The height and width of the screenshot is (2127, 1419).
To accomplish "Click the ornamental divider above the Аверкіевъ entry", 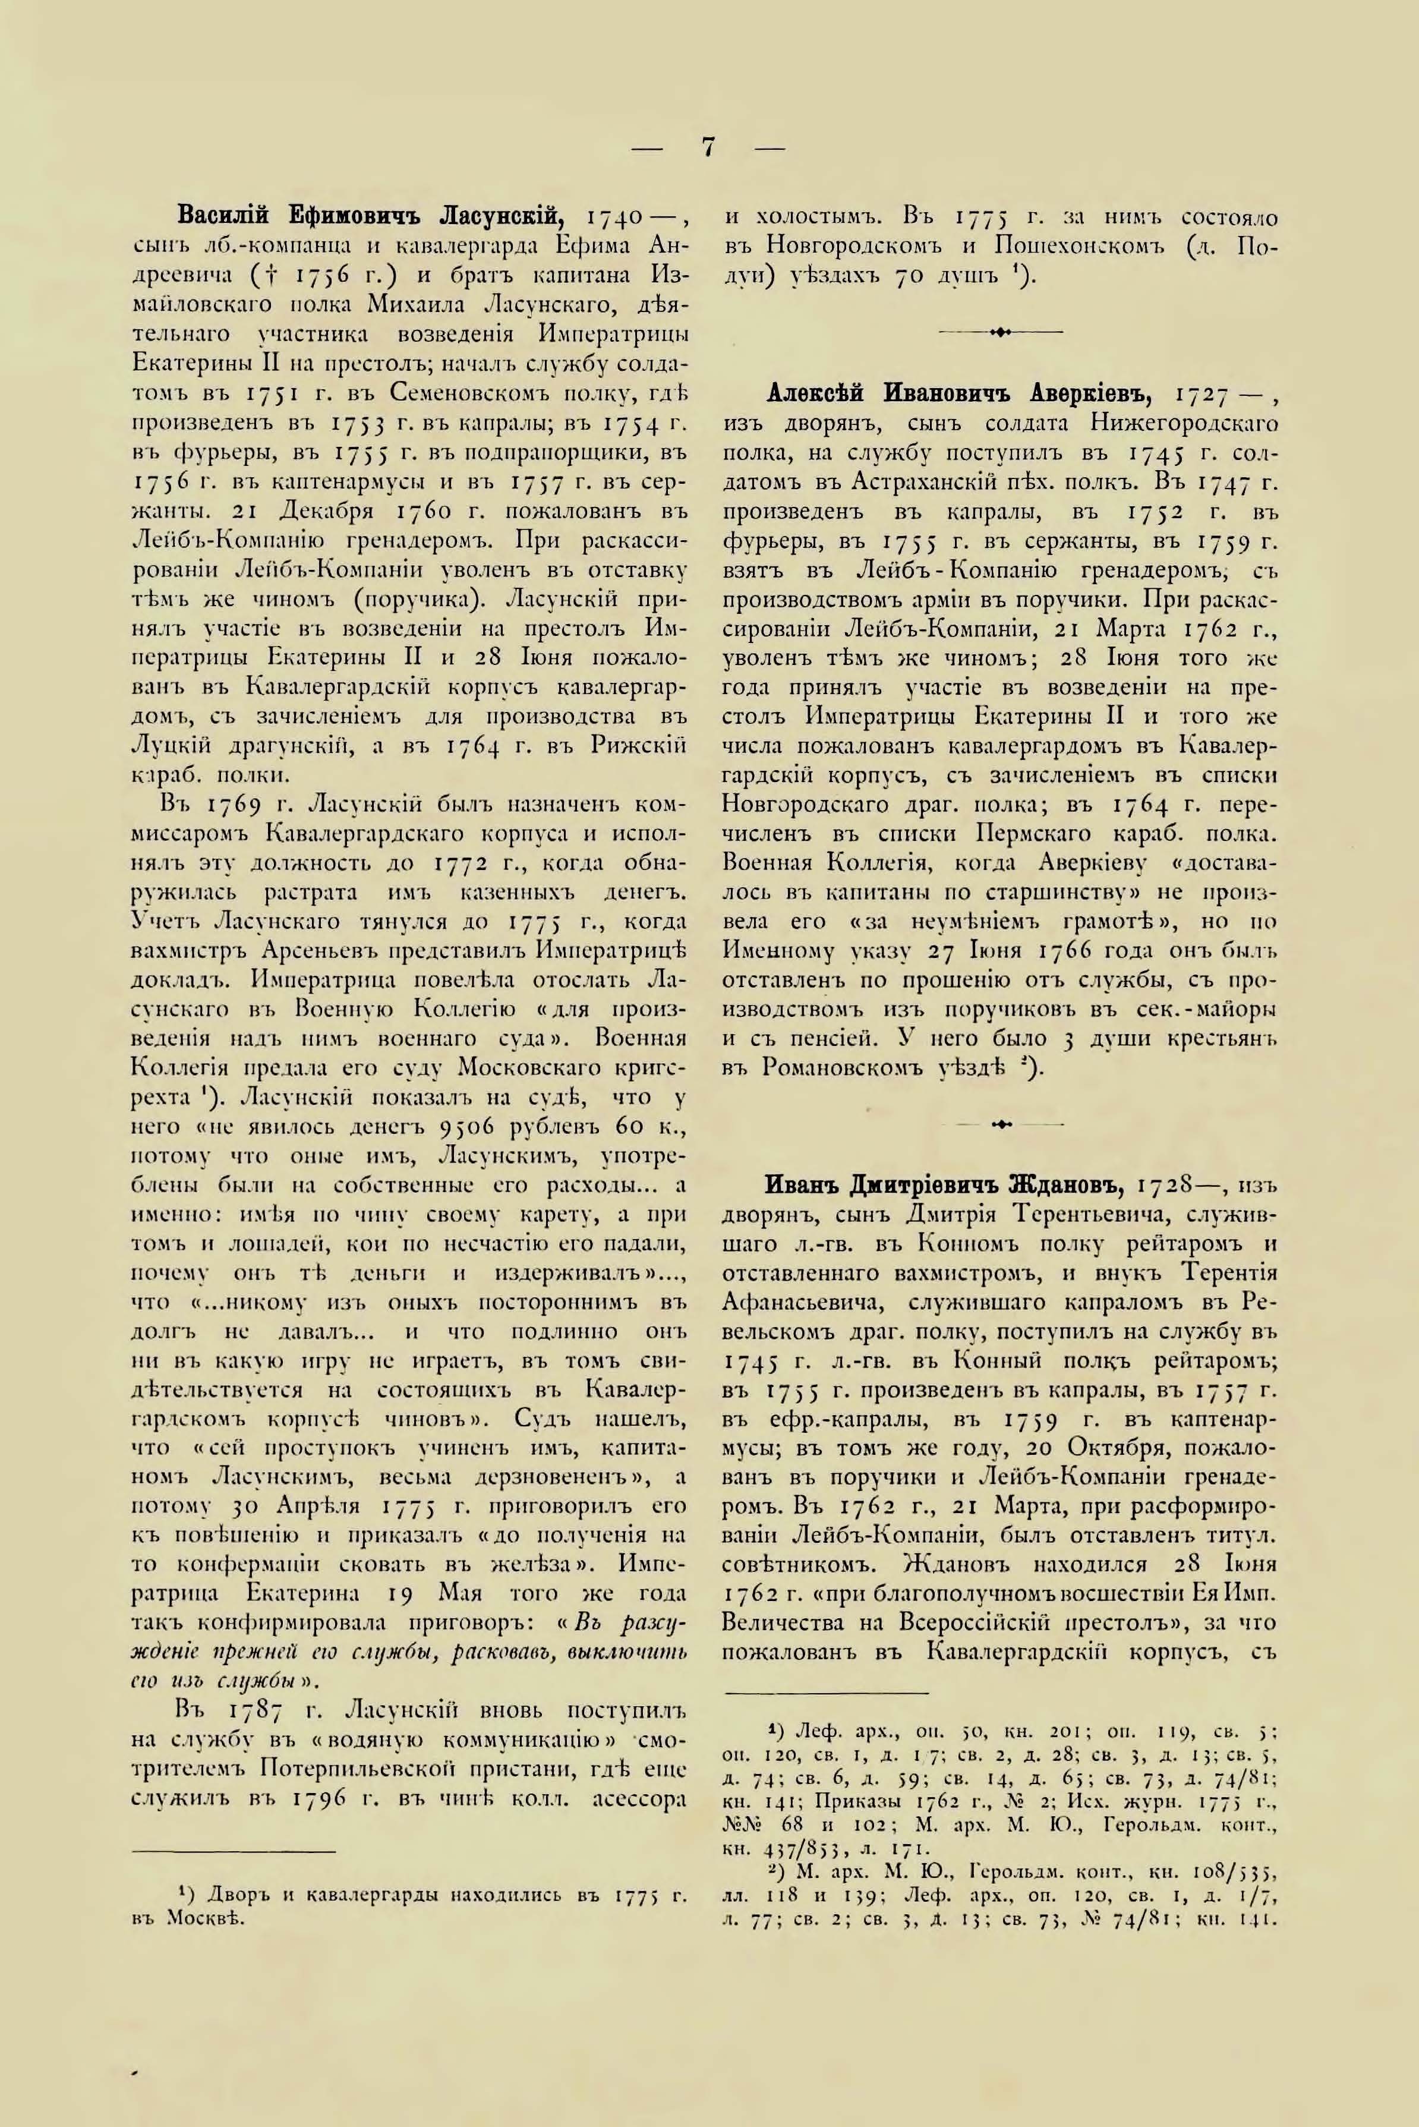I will click(1001, 332).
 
